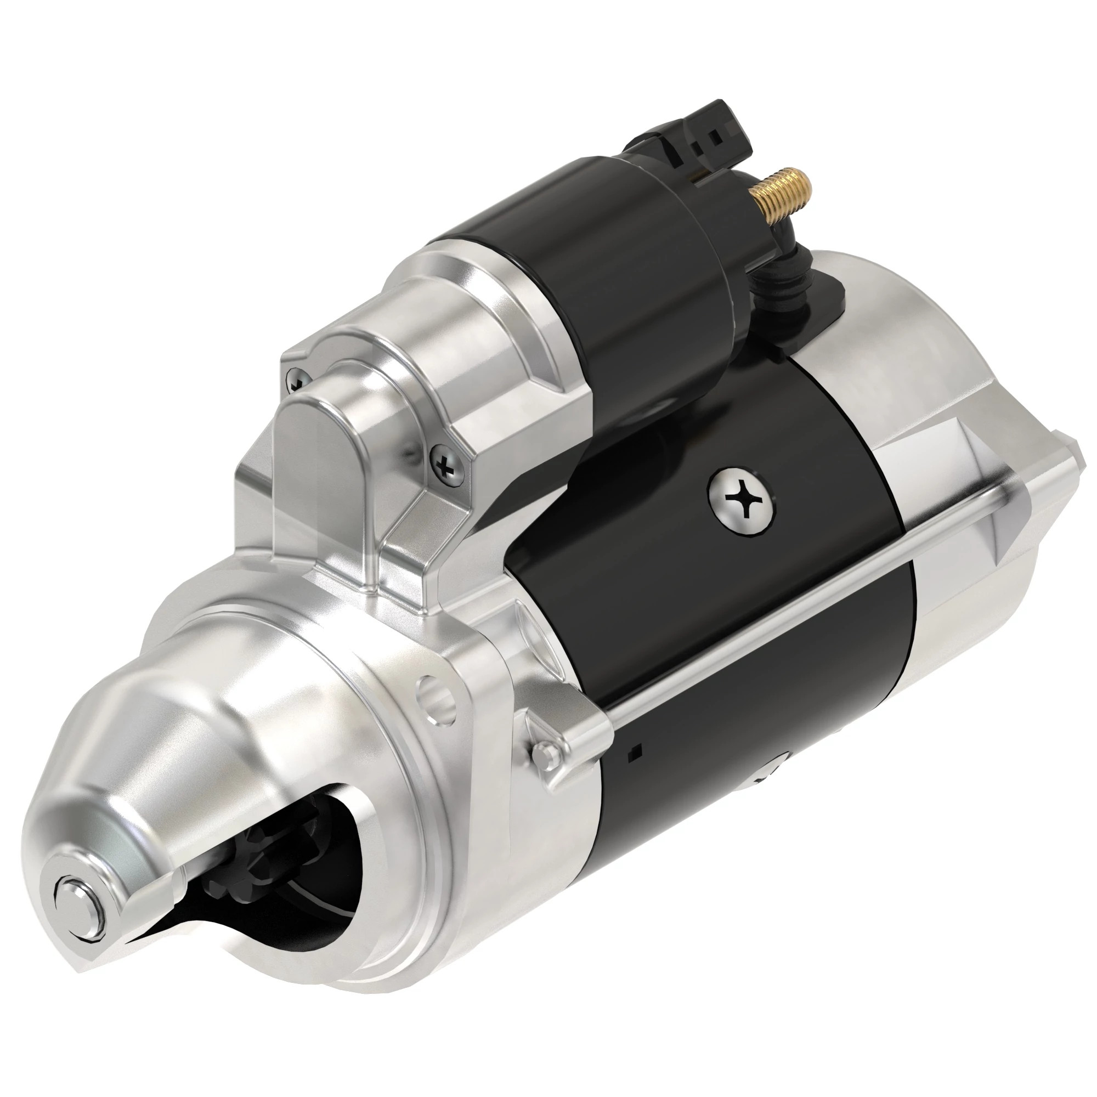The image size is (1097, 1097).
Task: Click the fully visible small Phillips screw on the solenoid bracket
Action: point(446,468)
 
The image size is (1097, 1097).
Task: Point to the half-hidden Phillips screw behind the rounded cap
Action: point(300,378)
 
